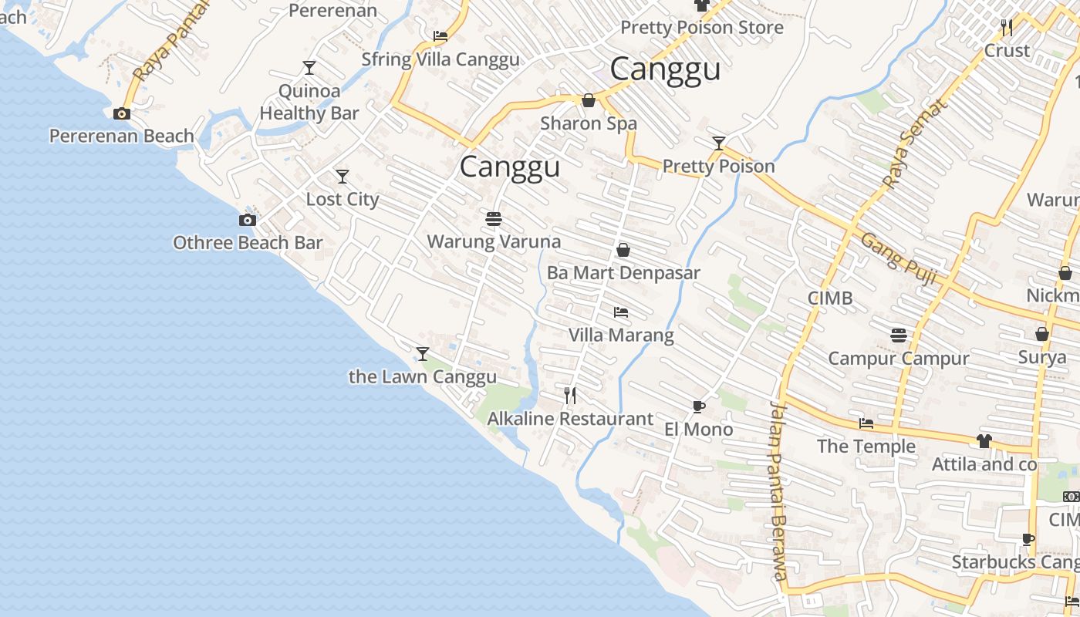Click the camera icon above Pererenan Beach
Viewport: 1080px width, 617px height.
[121, 113]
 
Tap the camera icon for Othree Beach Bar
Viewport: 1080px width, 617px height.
[247, 220]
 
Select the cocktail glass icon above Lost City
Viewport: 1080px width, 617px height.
[343, 176]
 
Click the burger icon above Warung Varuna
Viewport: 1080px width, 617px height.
[494, 219]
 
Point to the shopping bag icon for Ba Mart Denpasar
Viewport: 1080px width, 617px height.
[623, 250]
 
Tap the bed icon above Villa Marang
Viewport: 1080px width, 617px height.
[621, 312]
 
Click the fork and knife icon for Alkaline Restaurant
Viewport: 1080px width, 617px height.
[570, 396]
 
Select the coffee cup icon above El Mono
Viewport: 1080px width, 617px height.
[698, 406]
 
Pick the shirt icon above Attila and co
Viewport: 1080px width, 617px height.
[984, 441]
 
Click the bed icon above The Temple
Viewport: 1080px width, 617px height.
[866, 423]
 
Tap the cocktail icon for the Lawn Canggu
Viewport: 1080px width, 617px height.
[422, 354]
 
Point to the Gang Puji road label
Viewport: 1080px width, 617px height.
[898, 259]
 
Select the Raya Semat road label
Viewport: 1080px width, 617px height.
[913, 144]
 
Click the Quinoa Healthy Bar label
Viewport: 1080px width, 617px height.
[309, 102]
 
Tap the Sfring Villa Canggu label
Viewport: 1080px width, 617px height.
[440, 59]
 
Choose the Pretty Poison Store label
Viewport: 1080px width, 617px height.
[702, 28]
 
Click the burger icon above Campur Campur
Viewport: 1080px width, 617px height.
[898, 335]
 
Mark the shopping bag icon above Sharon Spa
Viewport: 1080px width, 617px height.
[589, 100]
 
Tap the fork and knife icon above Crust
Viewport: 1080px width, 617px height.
[1007, 28]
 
